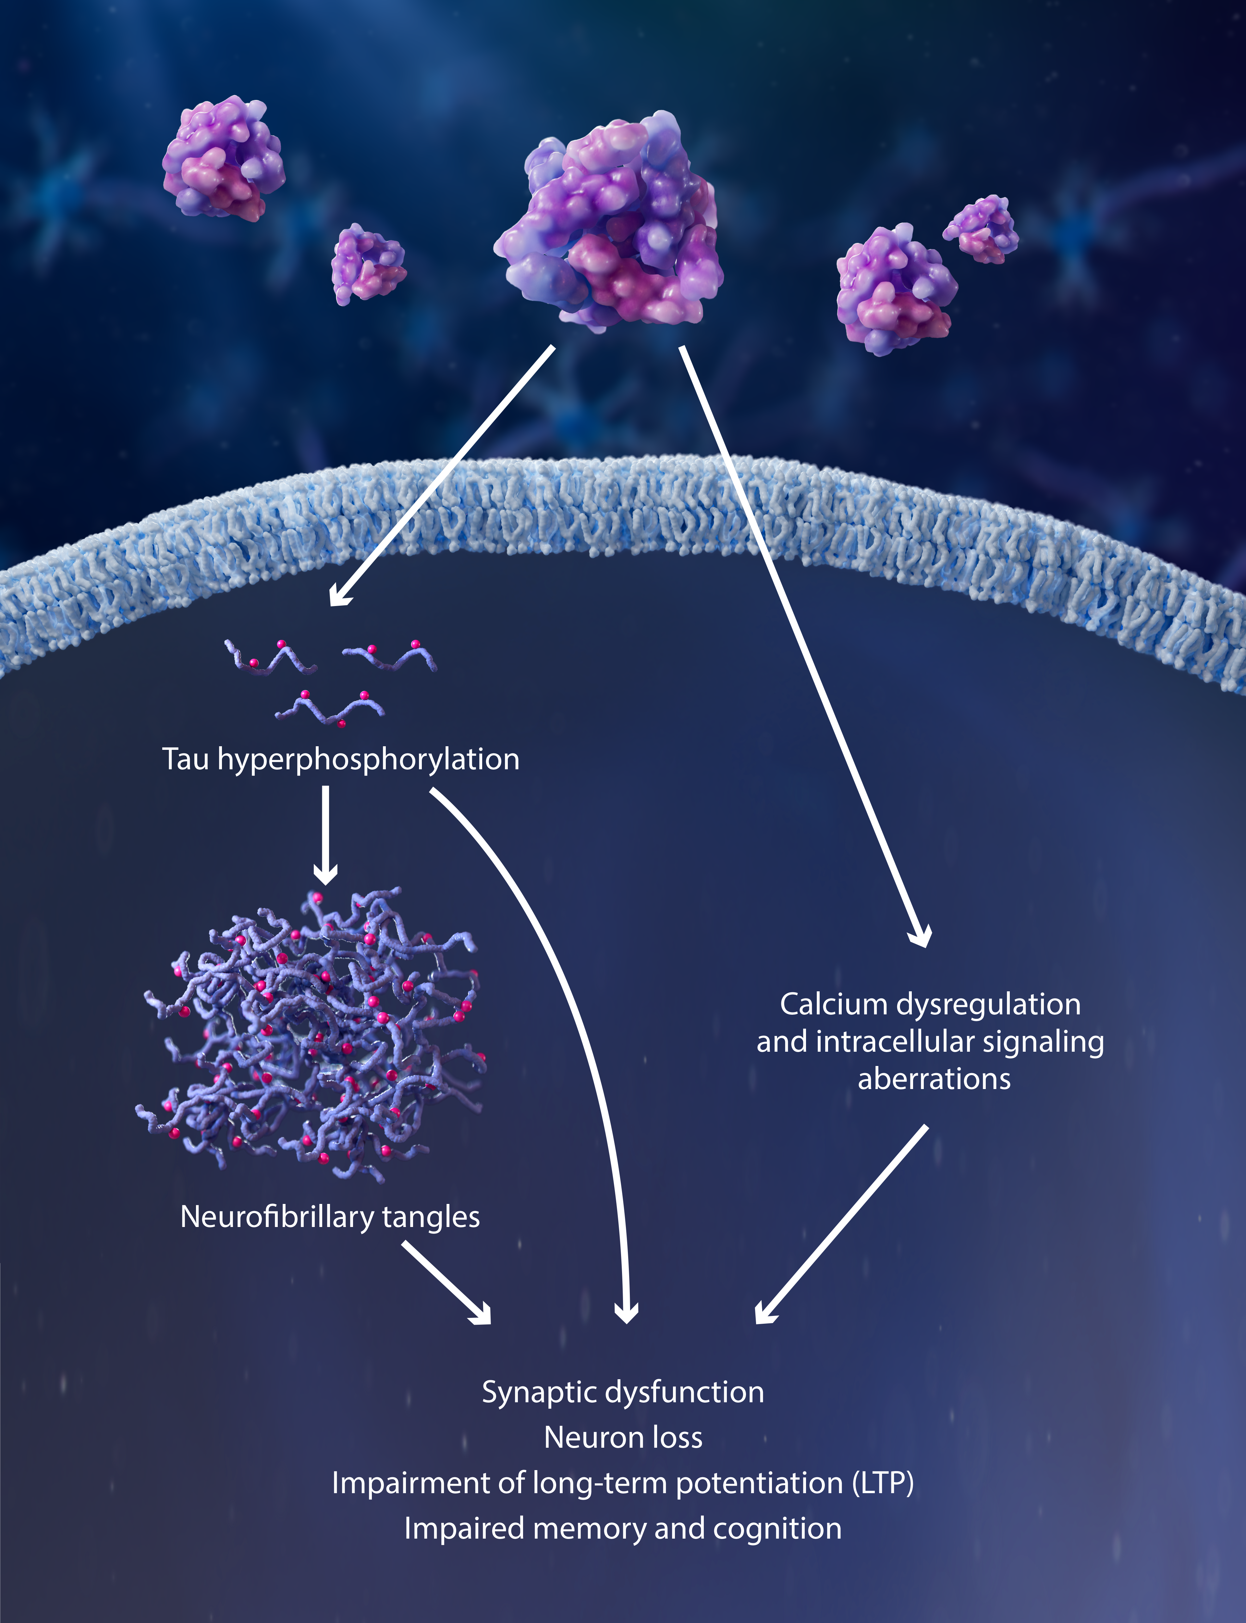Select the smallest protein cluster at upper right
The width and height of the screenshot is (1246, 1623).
(981, 229)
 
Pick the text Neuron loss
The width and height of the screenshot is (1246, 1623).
(623, 1438)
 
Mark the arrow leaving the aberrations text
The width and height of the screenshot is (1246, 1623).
(841, 1224)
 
